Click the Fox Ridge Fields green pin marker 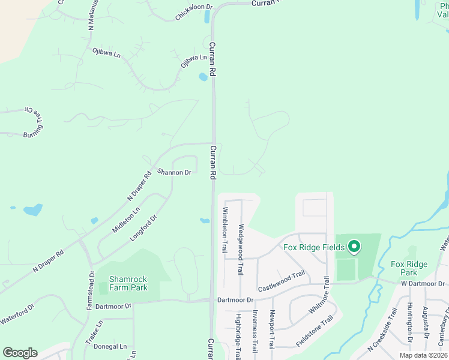point(354,247)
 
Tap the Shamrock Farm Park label point(128,283)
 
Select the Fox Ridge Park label point(409,268)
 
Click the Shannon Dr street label point(174,172)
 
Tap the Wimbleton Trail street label point(226,230)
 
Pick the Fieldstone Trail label point(314,332)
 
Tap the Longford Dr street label point(143,229)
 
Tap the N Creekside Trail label point(384,338)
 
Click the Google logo point(20,353)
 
